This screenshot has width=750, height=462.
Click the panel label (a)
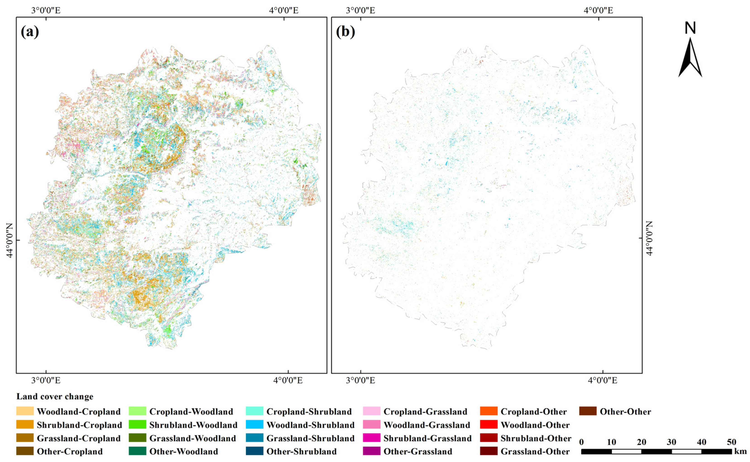pos(30,32)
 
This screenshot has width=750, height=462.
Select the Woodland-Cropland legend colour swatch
pos(25,411)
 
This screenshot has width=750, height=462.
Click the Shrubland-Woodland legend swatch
pos(137,425)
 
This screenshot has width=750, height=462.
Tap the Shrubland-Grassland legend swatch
pos(372,438)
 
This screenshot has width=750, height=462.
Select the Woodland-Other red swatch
pos(489,425)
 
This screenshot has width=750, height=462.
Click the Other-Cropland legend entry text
pos(70,452)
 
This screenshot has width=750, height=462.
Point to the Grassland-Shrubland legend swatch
pos(254,438)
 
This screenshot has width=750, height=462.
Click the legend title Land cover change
pos(55,397)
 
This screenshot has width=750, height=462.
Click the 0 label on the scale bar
pos(581,442)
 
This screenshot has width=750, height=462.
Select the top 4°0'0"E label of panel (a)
pos(283,10)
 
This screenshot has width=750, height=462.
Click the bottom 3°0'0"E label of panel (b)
pos(360,380)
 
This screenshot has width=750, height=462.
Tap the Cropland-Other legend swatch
pos(489,411)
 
